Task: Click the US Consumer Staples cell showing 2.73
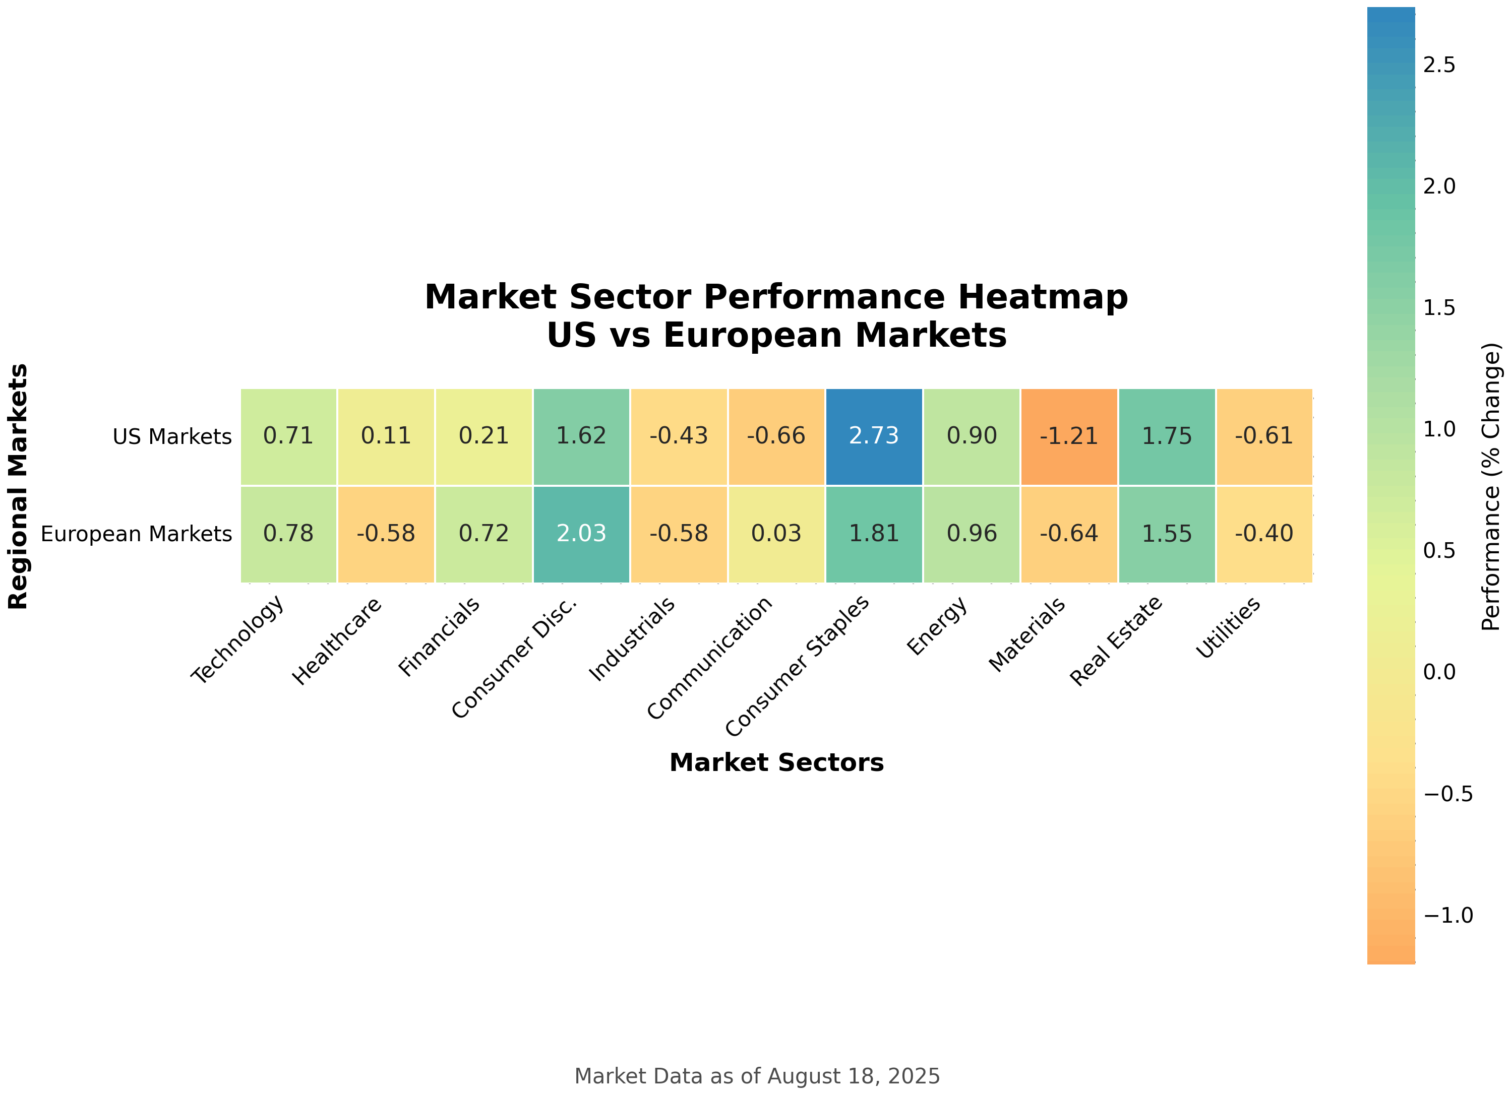(873, 436)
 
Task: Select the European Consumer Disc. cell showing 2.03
(581, 534)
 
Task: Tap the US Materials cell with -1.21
(1069, 436)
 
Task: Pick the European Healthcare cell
(386, 534)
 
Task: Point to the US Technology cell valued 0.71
(288, 436)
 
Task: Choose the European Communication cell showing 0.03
(776, 534)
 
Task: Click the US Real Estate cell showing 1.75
(1167, 436)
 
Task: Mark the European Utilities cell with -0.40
(1264, 534)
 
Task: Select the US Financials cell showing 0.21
(483, 436)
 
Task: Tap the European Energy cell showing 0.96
(972, 534)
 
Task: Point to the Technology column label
(238, 639)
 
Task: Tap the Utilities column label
(1228, 626)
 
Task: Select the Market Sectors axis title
(776, 762)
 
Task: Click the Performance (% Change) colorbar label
(1491, 486)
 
